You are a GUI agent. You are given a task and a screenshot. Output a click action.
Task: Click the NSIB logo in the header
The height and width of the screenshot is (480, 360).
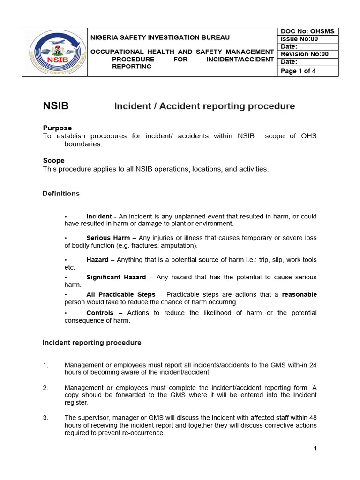[x=54, y=52]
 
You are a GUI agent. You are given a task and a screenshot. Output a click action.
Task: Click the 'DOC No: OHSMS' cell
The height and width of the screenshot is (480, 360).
[x=307, y=31]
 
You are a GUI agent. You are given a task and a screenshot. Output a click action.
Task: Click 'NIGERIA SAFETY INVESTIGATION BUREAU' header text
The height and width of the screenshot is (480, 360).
[x=160, y=37]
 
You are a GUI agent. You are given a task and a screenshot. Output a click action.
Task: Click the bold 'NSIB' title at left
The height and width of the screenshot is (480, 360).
[x=56, y=106]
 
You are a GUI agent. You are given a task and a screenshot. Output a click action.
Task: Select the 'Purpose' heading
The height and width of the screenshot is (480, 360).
[x=57, y=128]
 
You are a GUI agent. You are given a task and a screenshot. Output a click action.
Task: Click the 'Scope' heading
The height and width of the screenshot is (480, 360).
[x=53, y=160]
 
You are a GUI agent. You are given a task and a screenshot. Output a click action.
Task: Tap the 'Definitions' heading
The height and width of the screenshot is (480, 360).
[x=61, y=193]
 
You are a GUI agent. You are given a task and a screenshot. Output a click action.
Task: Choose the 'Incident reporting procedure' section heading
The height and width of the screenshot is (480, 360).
[x=92, y=342]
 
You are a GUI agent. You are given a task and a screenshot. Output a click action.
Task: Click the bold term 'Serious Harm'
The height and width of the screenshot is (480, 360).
[x=108, y=238]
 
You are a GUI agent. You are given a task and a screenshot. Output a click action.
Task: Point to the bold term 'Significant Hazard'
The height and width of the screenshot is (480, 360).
[x=116, y=277]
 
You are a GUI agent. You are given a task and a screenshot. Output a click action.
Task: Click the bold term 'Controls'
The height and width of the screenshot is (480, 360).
[x=100, y=313]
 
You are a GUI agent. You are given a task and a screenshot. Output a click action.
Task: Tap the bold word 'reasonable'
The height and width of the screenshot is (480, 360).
[x=299, y=294]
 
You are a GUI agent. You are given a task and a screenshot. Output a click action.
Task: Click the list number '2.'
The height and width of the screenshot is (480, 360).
[x=45, y=388]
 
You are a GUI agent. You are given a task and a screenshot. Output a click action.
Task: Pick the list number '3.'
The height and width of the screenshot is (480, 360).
[x=45, y=418]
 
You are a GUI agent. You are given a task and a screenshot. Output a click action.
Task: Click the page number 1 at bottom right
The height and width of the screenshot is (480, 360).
[x=315, y=449]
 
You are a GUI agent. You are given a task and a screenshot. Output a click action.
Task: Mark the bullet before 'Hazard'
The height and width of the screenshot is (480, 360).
[x=66, y=260]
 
